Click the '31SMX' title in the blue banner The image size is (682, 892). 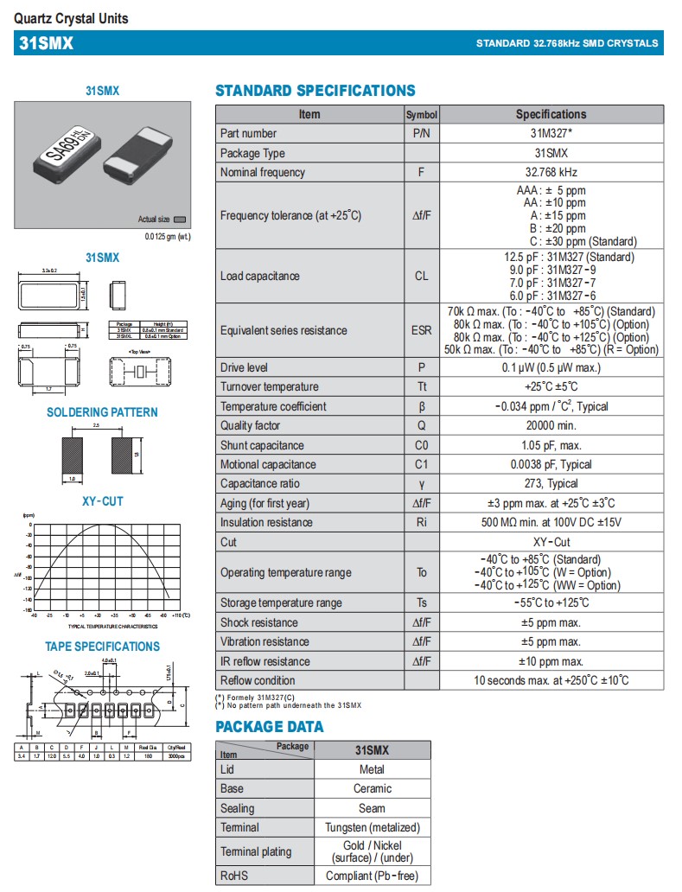point(46,43)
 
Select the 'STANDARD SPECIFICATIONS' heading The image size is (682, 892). point(315,91)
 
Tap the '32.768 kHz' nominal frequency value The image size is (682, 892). point(551,172)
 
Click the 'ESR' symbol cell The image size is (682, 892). point(421,330)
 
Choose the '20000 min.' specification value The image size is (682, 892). point(551,425)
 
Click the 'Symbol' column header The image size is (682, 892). point(421,114)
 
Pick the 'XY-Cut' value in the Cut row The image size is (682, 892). point(551,542)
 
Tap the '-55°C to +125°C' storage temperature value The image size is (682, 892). point(551,602)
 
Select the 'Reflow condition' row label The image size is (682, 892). point(258,680)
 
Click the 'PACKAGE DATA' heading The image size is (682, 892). point(270,727)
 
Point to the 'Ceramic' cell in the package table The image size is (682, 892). point(372,788)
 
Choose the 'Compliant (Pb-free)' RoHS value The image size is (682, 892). point(372,876)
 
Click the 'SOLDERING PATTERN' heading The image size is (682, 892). point(102,412)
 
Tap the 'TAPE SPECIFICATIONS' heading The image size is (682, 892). point(102,647)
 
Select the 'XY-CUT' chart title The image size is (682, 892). point(102,500)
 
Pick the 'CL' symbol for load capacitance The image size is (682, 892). point(421,276)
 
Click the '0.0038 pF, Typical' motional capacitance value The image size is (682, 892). point(551,464)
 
